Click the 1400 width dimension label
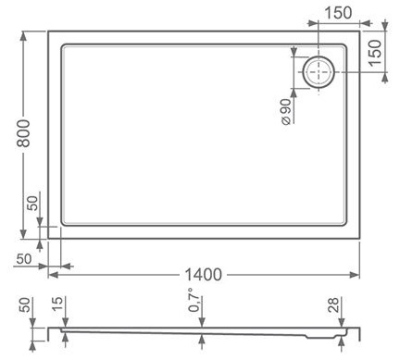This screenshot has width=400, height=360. [203, 275]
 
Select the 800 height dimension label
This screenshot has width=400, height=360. [24, 133]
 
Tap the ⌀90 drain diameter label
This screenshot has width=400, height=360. [286, 112]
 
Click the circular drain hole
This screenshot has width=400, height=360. [319, 72]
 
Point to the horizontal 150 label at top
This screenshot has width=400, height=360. [338, 13]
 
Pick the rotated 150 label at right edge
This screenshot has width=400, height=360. [375, 52]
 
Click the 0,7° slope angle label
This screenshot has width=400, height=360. [194, 300]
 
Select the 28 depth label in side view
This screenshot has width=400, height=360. [333, 305]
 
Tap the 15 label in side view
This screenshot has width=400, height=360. [57, 304]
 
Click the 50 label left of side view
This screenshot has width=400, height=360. [26, 304]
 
